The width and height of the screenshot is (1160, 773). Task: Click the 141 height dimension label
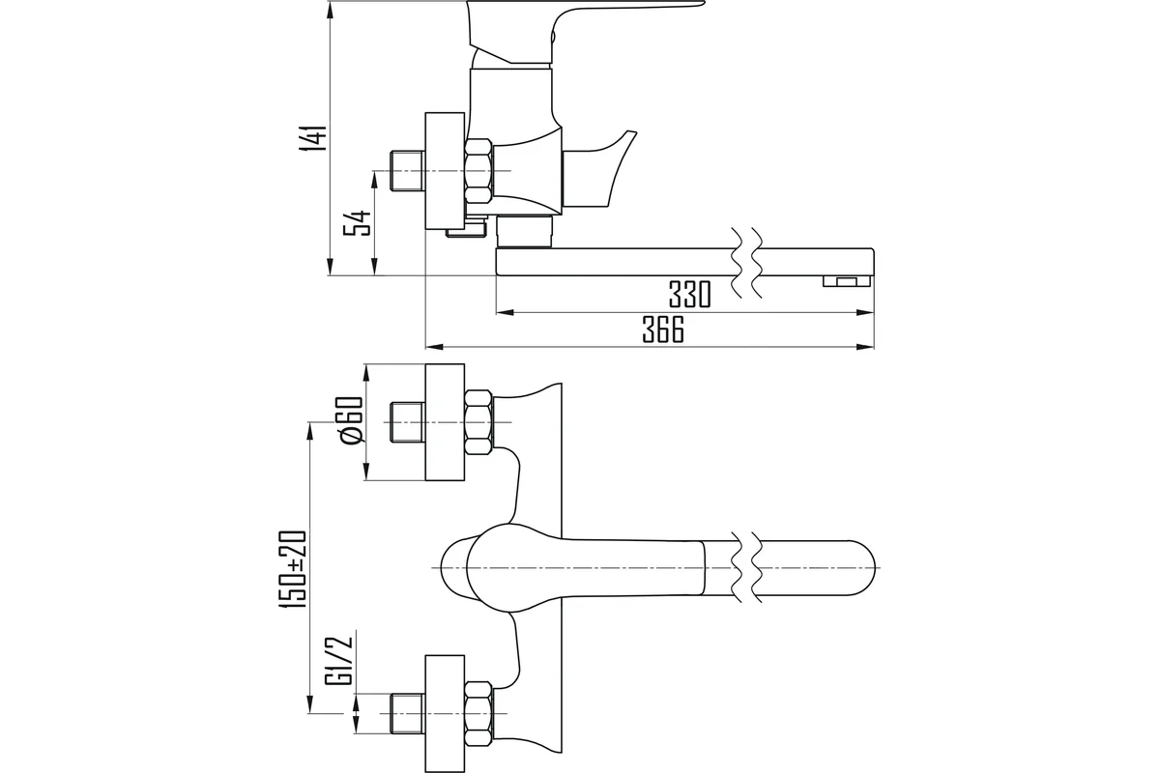tap(314, 138)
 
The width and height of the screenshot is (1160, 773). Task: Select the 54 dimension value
tap(358, 223)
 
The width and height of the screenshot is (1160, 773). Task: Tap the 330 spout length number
tap(690, 295)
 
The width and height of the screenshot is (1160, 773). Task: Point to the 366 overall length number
tap(663, 329)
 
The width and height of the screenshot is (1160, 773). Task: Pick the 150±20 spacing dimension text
tap(293, 569)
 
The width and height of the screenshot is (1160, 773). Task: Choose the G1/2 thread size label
tap(339, 658)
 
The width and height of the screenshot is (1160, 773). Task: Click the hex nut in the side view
tap(478, 170)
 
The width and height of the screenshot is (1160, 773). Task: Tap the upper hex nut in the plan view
tap(478, 422)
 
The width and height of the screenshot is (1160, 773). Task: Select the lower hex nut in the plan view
tap(478, 713)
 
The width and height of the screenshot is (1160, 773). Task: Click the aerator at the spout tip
tap(847, 281)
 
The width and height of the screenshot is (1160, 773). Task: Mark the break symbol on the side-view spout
tap(746, 262)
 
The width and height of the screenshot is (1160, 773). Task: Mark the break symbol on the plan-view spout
tap(746, 566)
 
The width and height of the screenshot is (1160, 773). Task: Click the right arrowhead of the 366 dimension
tap(865, 347)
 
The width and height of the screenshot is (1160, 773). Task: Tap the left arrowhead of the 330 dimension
tap(506, 313)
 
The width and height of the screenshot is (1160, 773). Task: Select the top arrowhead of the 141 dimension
tap(331, 12)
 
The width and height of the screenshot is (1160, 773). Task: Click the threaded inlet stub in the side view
tap(407, 170)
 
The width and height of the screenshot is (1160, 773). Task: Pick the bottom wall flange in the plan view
tap(445, 713)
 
